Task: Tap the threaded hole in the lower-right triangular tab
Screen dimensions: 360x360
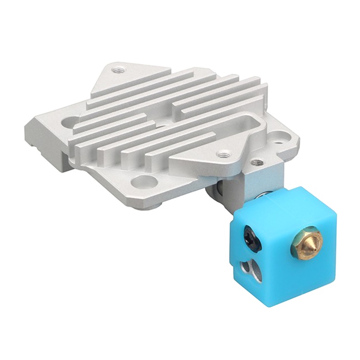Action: [x=220, y=154]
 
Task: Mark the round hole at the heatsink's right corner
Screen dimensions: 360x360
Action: [x=282, y=134]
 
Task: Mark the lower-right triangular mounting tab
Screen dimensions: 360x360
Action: [x=211, y=155]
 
